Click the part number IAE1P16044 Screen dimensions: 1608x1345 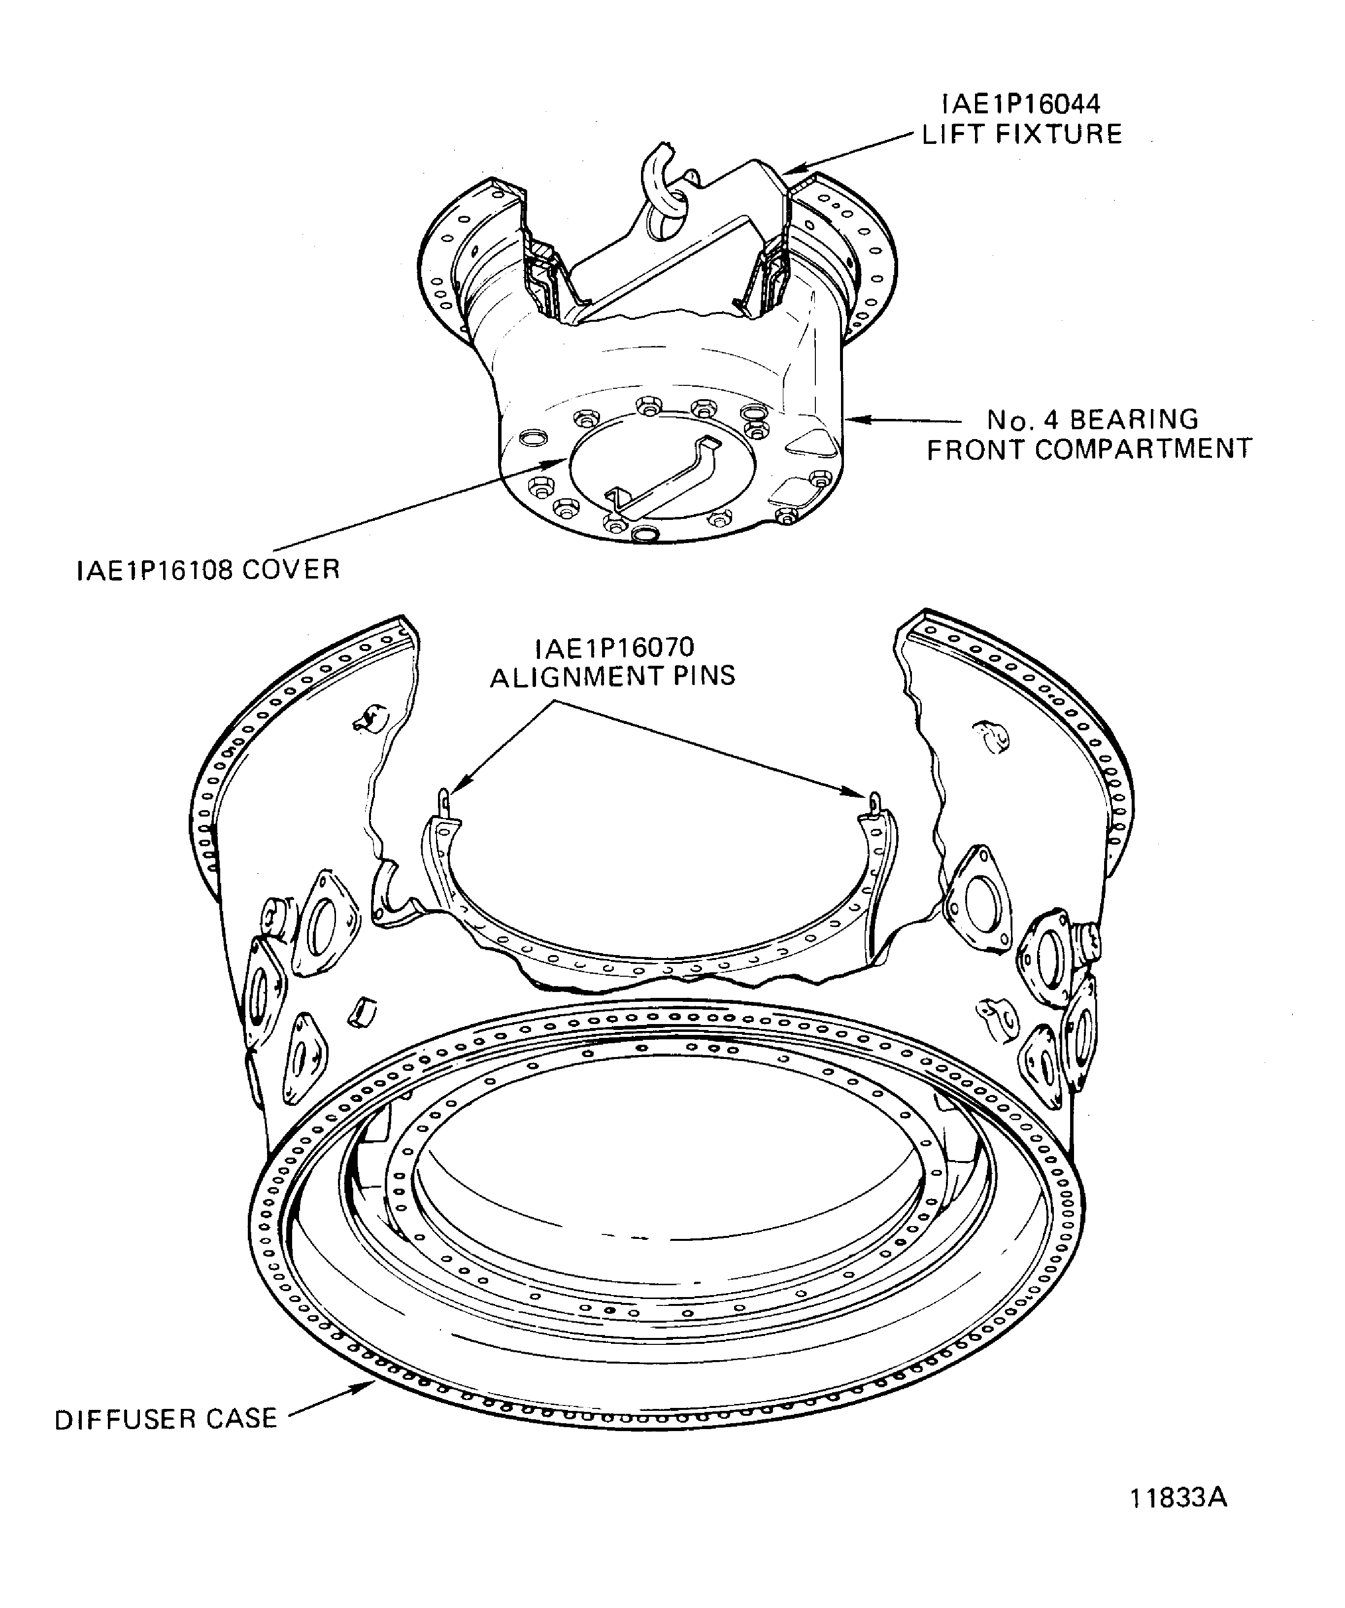1020,103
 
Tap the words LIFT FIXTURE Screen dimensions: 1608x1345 1021,135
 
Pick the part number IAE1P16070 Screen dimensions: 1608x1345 614,648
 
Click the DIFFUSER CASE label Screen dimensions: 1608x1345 166,1419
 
